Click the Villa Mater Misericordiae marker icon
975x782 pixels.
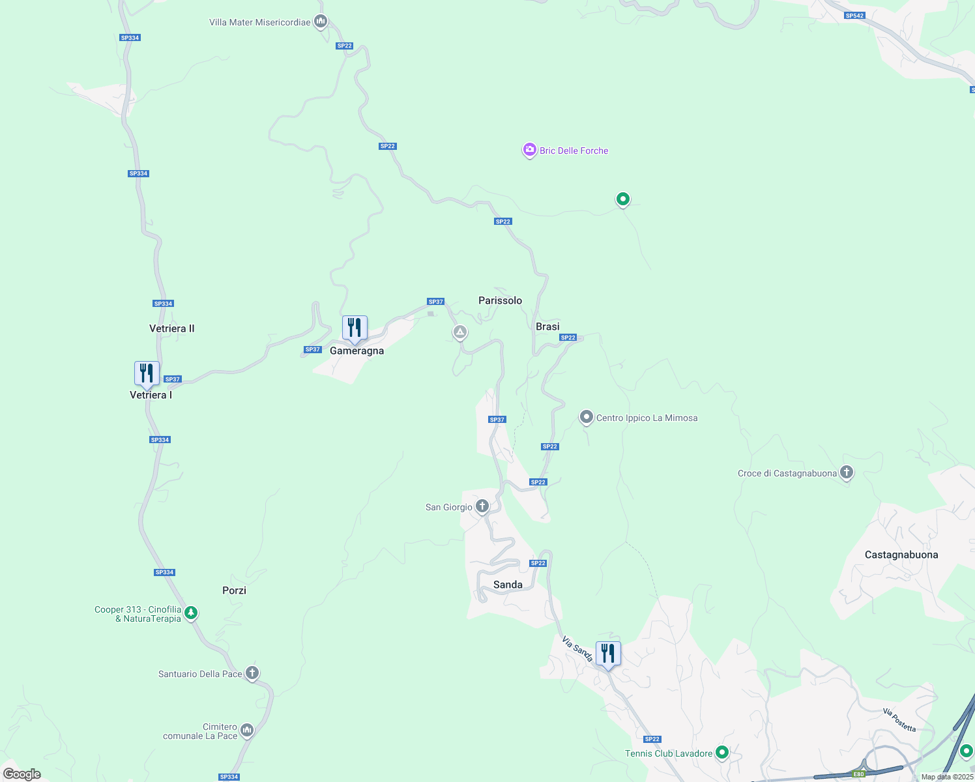click(x=320, y=22)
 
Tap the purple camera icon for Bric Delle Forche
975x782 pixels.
click(x=529, y=150)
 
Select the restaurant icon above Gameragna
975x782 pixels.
click(x=355, y=328)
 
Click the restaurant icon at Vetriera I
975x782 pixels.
click(x=147, y=373)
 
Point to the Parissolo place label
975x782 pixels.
click(x=500, y=300)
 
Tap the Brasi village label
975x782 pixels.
click(x=547, y=326)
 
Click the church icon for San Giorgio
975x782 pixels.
click(x=482, y=506)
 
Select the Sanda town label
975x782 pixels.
click(x=508, y=585)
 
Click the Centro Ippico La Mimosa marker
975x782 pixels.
click(x=587, y=417)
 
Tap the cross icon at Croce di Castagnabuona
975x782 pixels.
click(x=847, y=472)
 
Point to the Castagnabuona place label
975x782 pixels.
click(x=901, y=555)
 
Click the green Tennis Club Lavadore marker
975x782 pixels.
click(x=722, y=753)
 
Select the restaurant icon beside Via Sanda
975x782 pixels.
click(x=608, y=653)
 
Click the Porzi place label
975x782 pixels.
click(x=234, y=590)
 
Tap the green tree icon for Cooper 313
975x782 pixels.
click(x=191, y=613)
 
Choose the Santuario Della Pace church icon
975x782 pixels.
click(x=252, y=673)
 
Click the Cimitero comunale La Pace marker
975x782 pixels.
click(x=247, y=730)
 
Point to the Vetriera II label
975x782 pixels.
click(x=172, y=328)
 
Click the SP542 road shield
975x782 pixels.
click(x=854, y=16)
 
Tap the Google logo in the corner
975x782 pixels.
click(x=22, y=774)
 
